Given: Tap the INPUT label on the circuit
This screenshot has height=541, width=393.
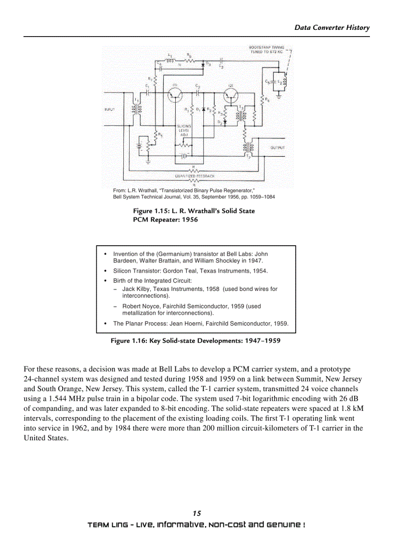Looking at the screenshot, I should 110,110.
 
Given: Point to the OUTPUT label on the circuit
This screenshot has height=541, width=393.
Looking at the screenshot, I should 277,148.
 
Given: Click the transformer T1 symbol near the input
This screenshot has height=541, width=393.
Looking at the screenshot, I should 134,110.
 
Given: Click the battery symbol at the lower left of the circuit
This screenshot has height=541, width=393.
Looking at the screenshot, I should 140,144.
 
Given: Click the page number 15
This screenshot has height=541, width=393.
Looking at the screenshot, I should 196,514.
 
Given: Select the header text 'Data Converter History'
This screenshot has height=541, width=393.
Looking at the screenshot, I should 332,27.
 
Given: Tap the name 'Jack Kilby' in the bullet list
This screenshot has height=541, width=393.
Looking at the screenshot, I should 136,289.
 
